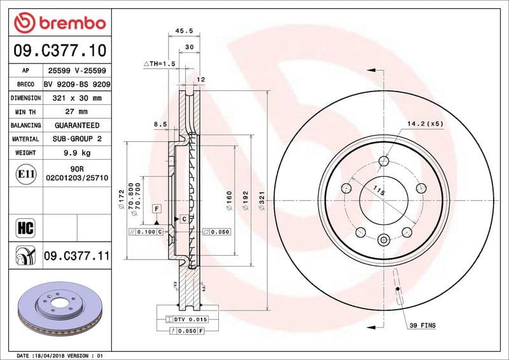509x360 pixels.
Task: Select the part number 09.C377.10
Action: [59, 50]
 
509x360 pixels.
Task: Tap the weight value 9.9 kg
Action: [78, 153]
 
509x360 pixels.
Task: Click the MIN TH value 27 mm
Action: [78, 112]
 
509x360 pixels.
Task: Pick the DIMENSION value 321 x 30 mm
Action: [78, 99]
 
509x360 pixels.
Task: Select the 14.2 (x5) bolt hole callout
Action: [425, 123]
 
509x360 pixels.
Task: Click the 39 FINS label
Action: [422, 325]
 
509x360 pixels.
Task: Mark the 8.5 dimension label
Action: [160, 124]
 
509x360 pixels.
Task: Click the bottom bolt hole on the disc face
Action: [382, 240]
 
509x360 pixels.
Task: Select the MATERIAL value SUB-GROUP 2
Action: [78, 139]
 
